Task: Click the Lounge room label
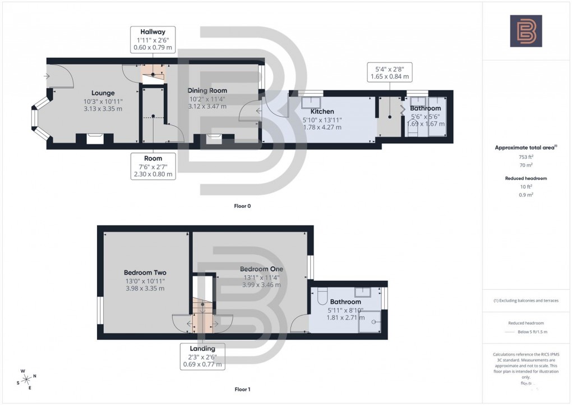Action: point(103,93)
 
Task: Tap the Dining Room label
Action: point(207,90)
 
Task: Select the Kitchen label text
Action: point(322,112)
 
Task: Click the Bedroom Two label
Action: point(145,272)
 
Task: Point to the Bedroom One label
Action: point(261,269)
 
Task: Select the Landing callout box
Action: point(202,356)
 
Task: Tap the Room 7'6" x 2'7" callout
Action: point(153,166)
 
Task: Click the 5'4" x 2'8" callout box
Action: point(389,71)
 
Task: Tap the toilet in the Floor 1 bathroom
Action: point(322,294)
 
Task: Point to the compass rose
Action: point(27,379)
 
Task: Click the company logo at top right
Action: point(526,31)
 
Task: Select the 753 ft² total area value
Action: point(526,157)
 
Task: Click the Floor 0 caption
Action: point(242,206)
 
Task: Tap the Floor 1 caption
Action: point(242,389)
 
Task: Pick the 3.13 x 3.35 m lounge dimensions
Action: point(103,109)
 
